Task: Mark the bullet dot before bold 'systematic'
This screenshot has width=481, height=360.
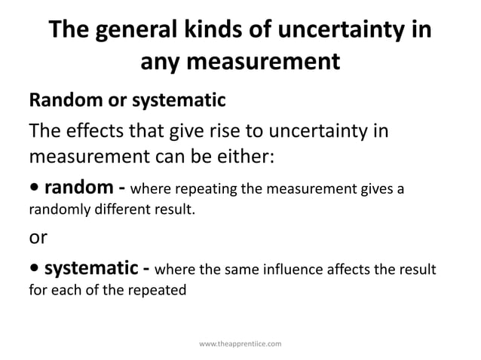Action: tap(34, 269)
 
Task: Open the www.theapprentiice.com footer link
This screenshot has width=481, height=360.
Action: tap(240, 343)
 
